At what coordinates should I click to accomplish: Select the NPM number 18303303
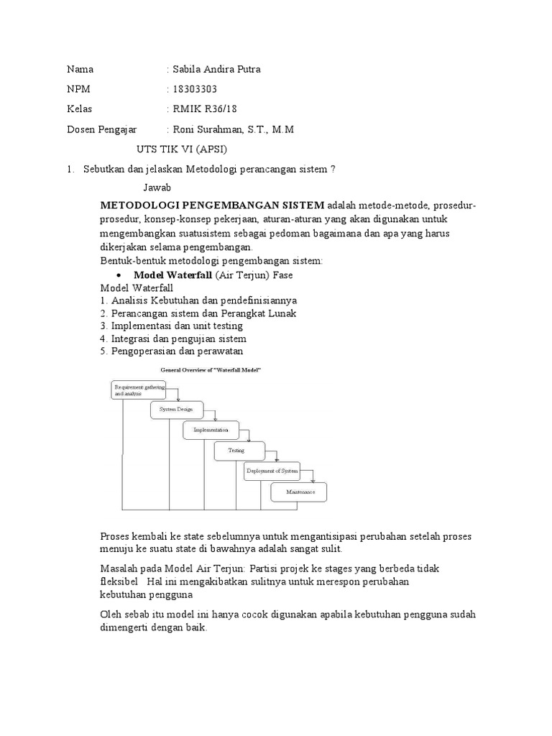click(x=194, y=89)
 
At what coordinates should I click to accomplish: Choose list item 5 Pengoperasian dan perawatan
click(x=172, y=351)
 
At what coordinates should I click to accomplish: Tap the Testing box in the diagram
click(x=236, y=451)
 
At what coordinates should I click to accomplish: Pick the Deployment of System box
click(x=272, y=471)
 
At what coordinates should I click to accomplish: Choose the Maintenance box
click(x=298, y=492)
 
